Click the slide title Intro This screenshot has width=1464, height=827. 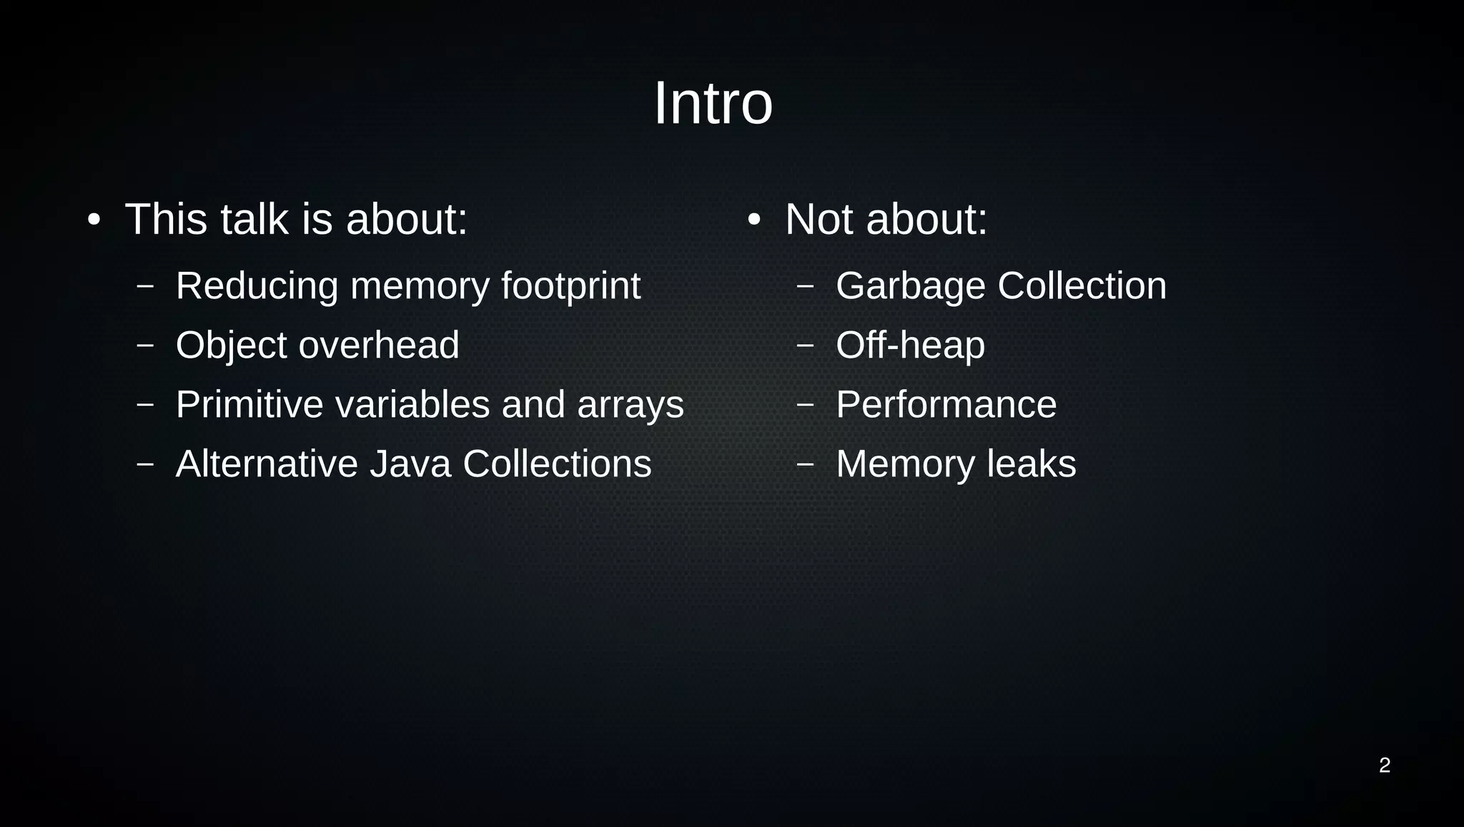pos(713,104)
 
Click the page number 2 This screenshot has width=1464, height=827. pos(1384,765)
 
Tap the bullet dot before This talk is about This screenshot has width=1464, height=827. pos(94,220)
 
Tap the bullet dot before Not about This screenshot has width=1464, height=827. pos(753,220)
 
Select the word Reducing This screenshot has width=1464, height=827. pos(257,286)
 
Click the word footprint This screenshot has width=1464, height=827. pos(570,286)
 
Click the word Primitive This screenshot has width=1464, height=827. pos(249,405)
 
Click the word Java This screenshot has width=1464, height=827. pos(410,464)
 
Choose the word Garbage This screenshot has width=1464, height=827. pos(911,286)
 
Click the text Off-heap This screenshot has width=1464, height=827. pos(910,346)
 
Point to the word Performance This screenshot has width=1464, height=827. pos(946,405)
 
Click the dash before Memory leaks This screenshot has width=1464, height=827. pos(805,464)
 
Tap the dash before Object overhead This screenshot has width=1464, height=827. pos(145,346)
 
